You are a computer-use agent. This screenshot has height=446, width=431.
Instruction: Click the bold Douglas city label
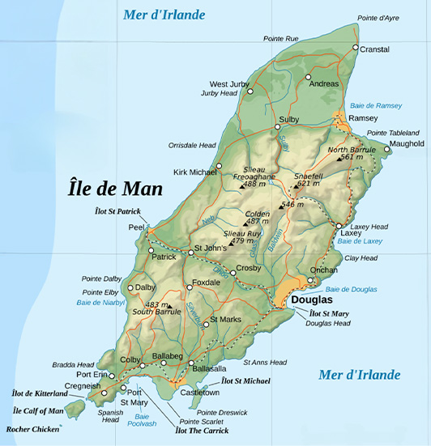click(311, 300)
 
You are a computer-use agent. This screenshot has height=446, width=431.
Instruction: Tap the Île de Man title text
click(114, 189)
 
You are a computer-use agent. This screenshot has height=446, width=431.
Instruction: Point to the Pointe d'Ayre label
click(378, 17)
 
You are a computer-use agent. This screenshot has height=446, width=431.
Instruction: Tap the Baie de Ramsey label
click(375, 106)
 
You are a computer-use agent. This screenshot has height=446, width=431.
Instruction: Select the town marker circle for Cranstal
click(355, 49)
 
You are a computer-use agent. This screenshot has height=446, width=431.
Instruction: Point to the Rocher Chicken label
click(33, 429)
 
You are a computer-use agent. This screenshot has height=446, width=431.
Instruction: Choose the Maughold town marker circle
click(387, 149)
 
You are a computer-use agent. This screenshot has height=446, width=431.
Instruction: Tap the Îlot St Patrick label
click(117, 212)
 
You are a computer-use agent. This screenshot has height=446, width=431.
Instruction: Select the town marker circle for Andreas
click(308, 78)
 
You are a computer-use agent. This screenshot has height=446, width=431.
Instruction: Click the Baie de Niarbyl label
click(100, 303)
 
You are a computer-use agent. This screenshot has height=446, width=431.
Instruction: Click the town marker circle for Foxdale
click(190, 286)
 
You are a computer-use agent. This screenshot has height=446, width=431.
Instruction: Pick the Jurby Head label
click(219, 94)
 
